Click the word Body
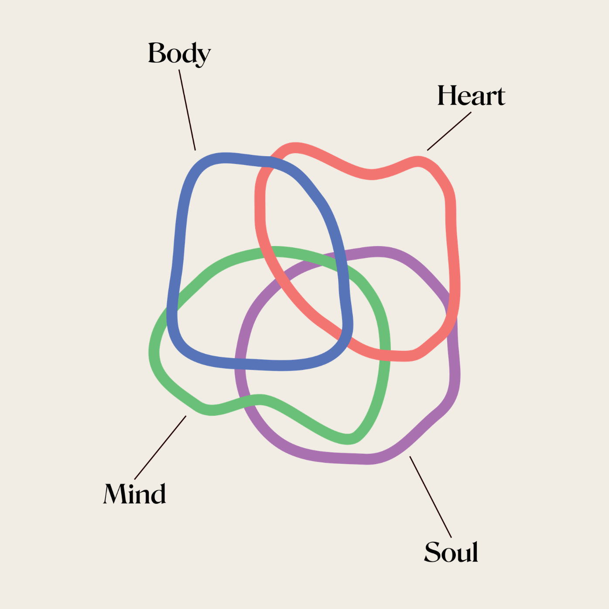coord(179,53)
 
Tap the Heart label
coord(471,96)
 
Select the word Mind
coord(134,494)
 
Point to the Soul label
coord(451,552)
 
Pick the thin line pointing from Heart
coord(449,131)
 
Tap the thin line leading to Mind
coord(160,448)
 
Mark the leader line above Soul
coord(430,496)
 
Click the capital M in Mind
coord(115,494)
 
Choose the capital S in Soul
coord(432,552)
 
